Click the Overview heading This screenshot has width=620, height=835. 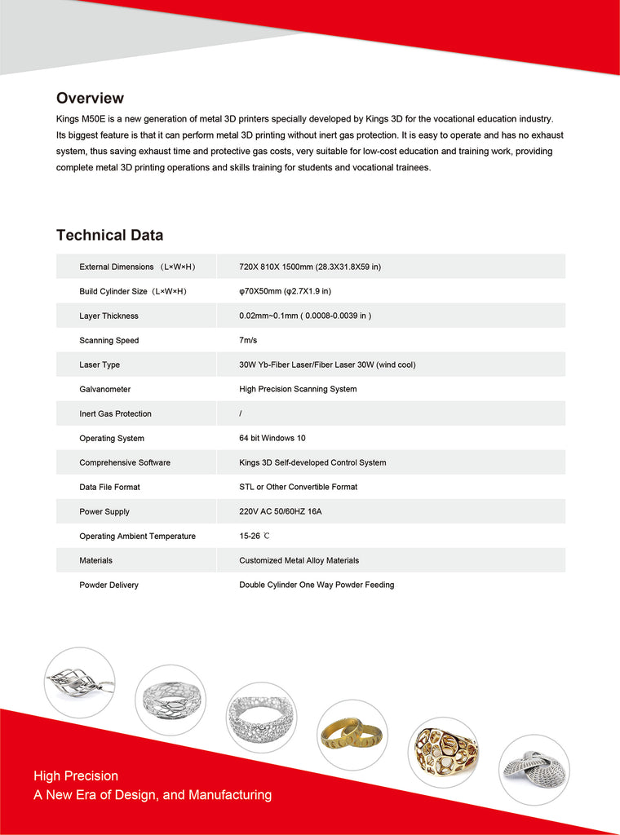[90, 99]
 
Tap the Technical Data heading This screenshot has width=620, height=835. [109, 236]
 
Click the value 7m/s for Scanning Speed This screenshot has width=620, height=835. [248, 340]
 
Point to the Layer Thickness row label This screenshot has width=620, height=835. [108, 316]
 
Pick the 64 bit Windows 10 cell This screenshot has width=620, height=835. [272, 438]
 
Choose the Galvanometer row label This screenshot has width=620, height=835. [104, 389]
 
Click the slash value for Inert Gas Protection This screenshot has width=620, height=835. [241, 413]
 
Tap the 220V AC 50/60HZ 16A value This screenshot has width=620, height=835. [286, 511]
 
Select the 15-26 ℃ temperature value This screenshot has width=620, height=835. [255, 536]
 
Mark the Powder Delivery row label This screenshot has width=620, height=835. [108, 585]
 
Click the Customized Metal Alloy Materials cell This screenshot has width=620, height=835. [299, 560]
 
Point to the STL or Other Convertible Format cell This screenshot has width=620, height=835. [298, 487]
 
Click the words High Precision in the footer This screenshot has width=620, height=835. [76, 775]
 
